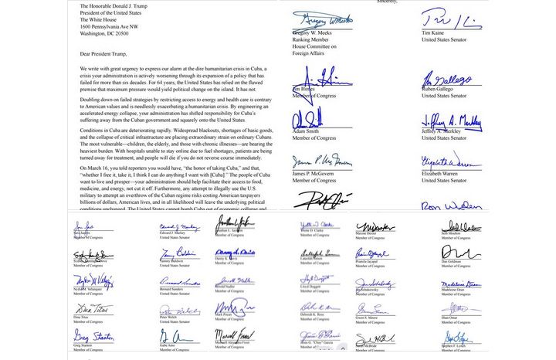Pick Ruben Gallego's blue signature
[448, 79]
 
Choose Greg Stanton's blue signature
[92, 337]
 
